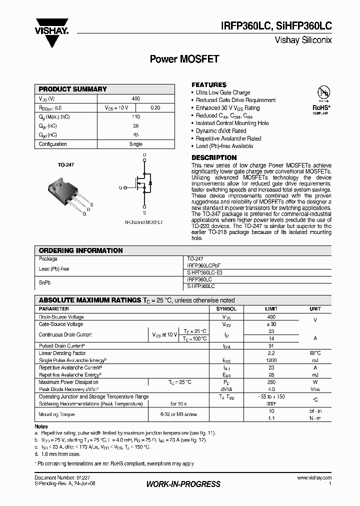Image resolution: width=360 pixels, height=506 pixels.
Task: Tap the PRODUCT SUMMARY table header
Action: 73,89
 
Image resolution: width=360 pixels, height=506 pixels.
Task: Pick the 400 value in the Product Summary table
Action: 135,99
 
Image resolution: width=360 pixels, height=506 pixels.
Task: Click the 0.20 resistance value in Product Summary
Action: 155,108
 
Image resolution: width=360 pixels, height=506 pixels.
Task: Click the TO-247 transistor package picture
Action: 63,191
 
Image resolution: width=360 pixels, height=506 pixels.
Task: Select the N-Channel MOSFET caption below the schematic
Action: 143,220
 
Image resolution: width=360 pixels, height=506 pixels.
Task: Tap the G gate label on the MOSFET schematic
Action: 120,187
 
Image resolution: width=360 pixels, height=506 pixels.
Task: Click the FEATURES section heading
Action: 209,84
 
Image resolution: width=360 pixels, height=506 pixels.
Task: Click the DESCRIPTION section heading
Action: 214,157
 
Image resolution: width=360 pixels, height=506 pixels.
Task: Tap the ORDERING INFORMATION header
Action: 80,250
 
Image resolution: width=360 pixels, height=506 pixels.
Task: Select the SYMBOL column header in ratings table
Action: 226,309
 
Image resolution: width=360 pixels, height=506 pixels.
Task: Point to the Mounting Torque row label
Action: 56,414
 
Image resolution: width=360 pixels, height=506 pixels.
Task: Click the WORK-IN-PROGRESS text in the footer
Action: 183,484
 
